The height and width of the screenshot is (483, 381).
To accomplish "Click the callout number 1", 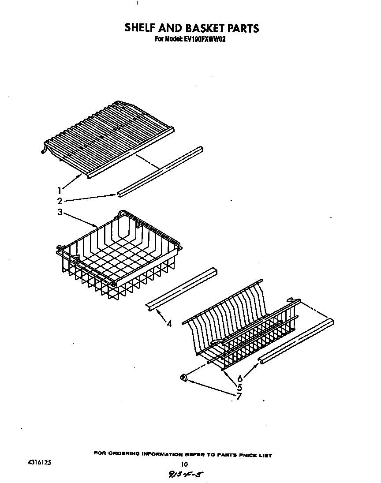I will coord(59,190).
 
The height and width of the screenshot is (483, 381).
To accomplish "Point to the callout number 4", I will coord(169,324).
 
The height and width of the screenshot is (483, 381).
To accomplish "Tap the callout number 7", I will coord(239,396).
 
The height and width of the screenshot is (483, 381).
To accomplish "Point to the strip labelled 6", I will coord(296,341).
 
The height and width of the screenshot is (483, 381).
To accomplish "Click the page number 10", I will coord(185,464).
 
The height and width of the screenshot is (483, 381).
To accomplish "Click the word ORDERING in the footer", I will coord(124,455).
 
